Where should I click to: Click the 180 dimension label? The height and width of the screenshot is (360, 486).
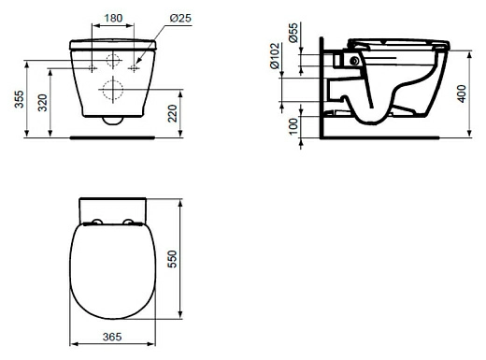coord(113,18)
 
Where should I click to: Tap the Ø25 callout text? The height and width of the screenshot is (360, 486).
coord(180,18)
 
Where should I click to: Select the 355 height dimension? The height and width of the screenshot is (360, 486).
coord(19,99)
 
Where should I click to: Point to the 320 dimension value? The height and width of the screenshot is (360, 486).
coord(42,103)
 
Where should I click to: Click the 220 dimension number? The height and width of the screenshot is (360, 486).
coord(172,113)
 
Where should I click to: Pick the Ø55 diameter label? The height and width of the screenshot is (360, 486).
coord(293,33)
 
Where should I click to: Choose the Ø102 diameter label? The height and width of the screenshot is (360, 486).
coord(275,56)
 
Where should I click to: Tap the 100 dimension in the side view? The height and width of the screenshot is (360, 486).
coord(293,126)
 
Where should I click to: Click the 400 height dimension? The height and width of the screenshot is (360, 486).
coord(462,94)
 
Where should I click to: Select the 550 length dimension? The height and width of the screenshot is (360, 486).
coord(172,259)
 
